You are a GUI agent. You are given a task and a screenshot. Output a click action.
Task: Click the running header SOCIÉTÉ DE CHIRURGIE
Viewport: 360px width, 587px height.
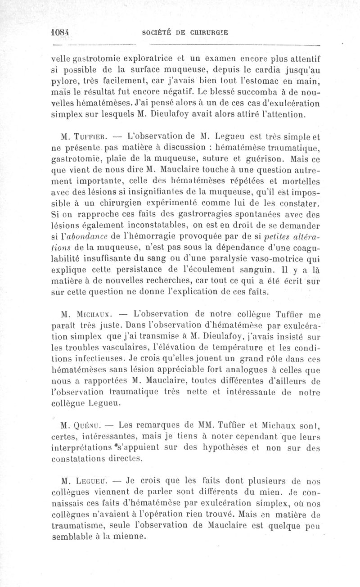click(184, 32)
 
